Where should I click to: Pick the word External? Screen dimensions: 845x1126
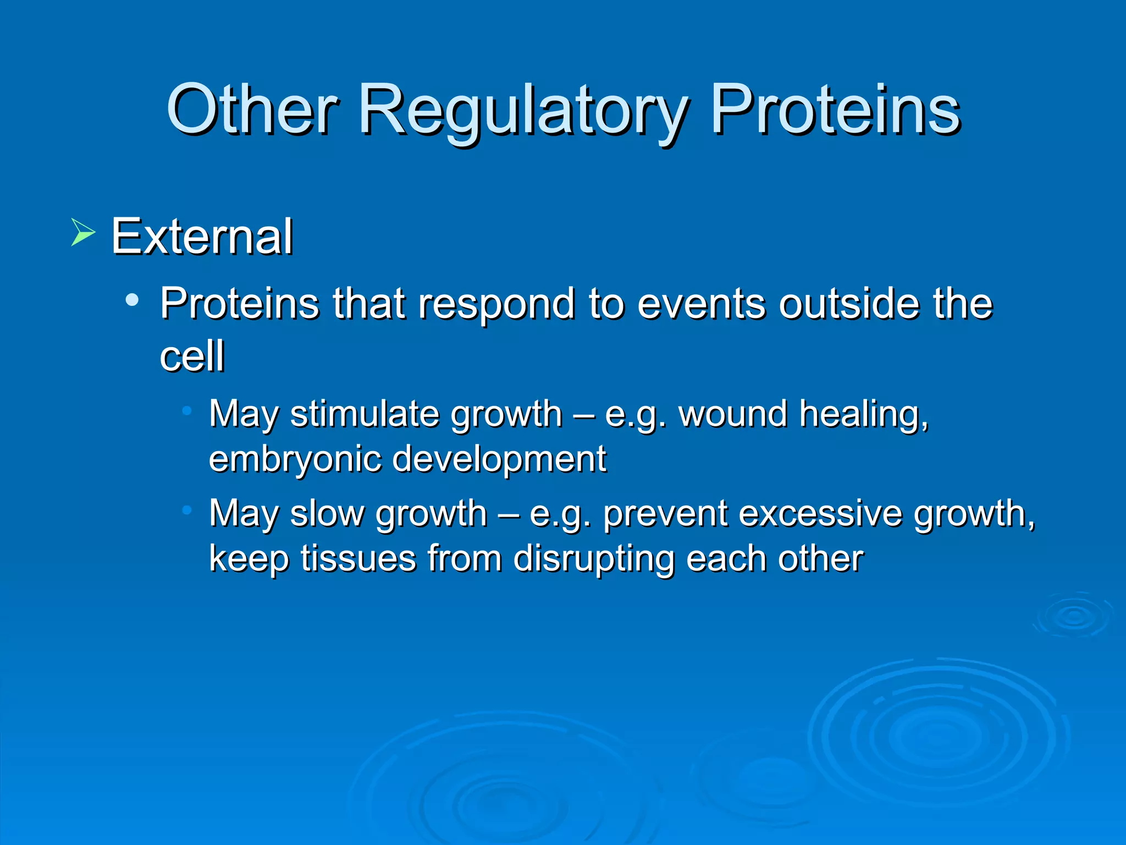coord(202,236)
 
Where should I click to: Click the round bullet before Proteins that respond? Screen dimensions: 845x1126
coord(132,300)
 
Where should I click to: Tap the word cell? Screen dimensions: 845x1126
coord(192,355)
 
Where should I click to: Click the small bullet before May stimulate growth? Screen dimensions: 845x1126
coord(187,410)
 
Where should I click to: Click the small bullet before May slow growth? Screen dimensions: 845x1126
coord(187,510)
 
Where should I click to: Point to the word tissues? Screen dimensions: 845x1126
coord(358,558)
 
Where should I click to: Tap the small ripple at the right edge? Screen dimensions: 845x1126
coord(1074,617)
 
